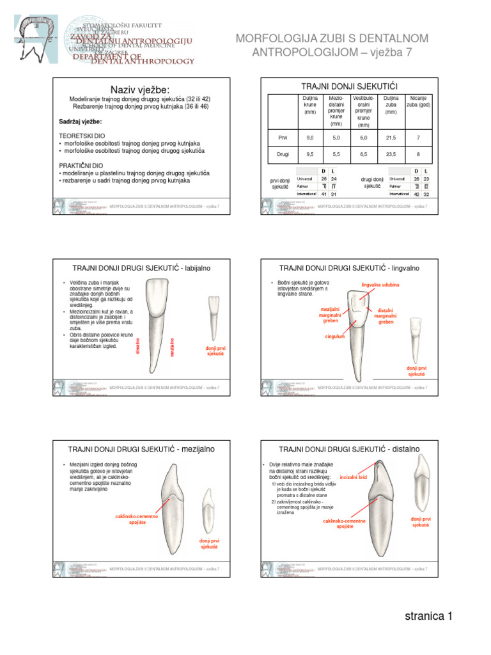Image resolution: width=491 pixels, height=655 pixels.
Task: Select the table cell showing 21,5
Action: [391, 138]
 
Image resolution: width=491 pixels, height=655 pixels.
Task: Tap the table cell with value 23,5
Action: [391, 155]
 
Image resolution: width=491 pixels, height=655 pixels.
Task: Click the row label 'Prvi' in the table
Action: [283, 138]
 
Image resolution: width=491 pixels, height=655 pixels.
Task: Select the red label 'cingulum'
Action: [334, 336]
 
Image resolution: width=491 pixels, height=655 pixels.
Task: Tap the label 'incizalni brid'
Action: [353, 477]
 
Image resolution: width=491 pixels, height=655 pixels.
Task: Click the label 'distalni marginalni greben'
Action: [386, 316]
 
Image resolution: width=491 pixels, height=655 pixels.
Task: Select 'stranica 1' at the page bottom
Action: [428, 617]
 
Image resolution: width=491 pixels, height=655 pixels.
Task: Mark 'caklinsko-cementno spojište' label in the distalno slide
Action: [344, 524]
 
